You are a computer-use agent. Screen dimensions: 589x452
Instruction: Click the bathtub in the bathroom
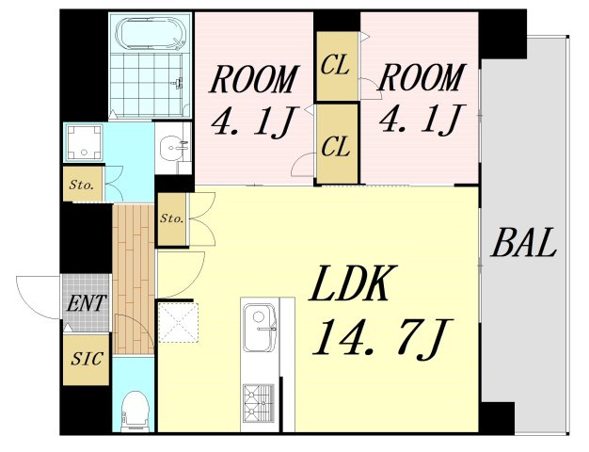coord(151,33)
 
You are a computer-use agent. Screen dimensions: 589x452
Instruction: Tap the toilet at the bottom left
coord(135,411)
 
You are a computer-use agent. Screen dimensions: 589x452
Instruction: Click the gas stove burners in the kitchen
coord(259,402)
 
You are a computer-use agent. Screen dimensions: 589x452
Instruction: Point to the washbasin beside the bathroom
coord(173,148)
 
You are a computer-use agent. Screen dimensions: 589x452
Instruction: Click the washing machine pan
coord(84,142)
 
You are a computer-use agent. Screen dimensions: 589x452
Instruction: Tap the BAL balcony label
coord(524,243)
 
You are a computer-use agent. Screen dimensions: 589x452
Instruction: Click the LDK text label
coord(347,283)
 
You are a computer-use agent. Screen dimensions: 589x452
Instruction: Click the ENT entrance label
coord(86,303)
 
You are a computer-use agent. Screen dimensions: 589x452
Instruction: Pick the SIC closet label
coord(87,359)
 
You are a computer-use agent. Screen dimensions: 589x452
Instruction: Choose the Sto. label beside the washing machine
coord(82,185)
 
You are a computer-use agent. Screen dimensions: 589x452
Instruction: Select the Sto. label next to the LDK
coord(171,218)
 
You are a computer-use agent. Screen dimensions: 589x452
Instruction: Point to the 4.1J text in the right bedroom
coord(422,119)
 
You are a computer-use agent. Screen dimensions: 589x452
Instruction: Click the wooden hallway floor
coord(134,279)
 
